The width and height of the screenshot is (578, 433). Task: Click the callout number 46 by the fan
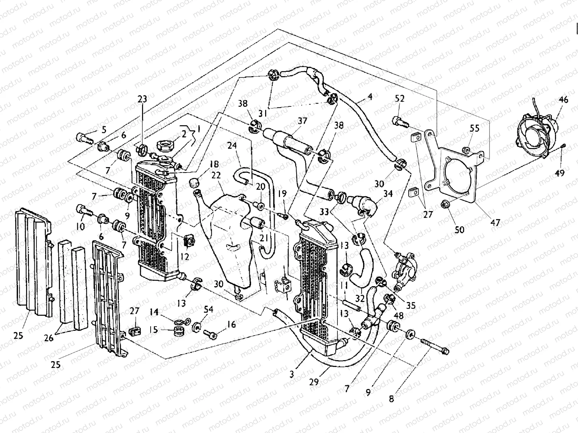point(564,100)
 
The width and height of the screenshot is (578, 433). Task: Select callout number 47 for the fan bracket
point(496,223)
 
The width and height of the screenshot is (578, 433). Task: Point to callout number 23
point(143,99)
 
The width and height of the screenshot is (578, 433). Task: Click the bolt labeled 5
point(84,137)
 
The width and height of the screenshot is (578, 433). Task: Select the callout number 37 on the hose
point(302,121)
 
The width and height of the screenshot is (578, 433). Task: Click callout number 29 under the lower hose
point(314,382)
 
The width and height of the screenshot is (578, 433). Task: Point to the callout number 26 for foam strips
point(49,338)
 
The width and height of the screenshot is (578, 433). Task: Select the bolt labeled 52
point(400,121)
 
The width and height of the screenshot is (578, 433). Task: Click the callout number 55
point(474,128)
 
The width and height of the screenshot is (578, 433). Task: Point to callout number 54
point(208,310)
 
